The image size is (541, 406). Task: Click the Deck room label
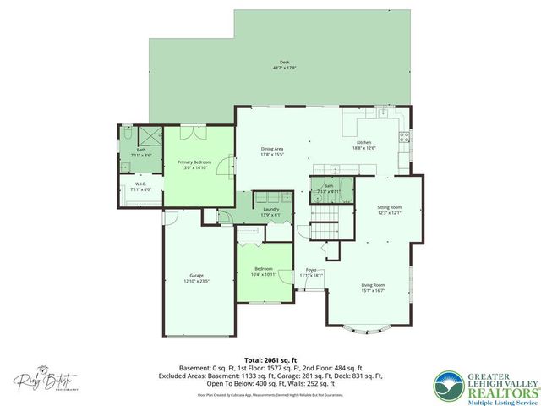(284, 63)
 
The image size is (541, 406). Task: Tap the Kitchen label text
(363, 143)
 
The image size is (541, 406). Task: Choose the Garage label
(196, 275)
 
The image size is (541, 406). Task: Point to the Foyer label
(311, 270)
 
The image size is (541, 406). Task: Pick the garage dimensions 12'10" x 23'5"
(196, 280)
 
